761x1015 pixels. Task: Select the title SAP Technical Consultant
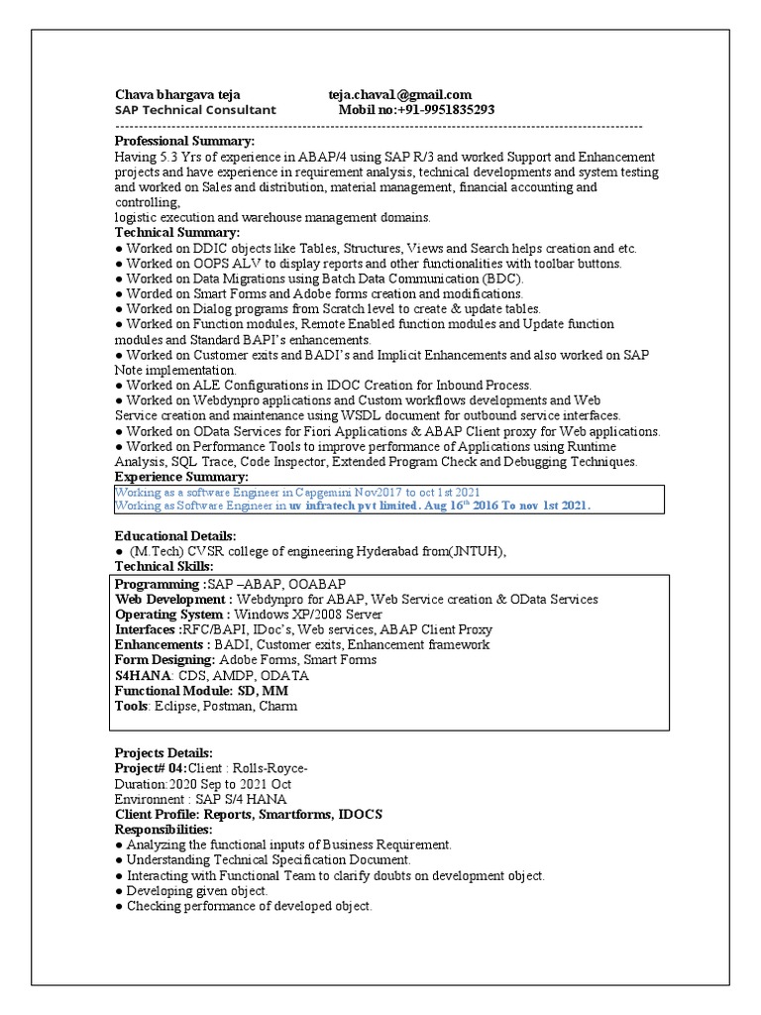click(196, 110)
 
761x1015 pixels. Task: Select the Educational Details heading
click(175, 536)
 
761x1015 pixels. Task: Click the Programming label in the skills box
click(158, 584)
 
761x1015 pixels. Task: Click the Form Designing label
click(164, 660)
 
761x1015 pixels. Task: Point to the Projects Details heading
click(163, 753)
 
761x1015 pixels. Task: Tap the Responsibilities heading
click(163, 829)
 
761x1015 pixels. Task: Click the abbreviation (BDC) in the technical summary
click(501, 279)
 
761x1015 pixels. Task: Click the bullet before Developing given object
click(119, 891)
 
